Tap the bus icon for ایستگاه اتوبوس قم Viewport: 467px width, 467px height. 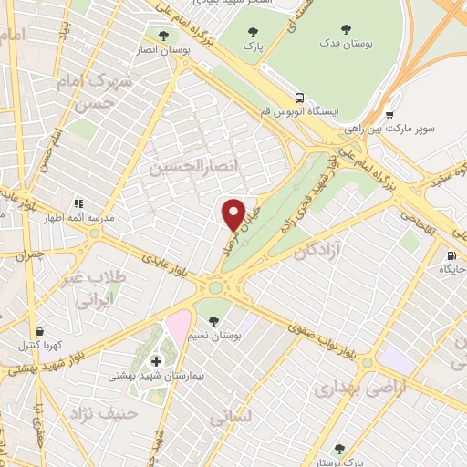tap(299, 97)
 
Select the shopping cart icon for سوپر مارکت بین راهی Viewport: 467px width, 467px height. tap(389, 116)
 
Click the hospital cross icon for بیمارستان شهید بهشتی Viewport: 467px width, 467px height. tap(156, 361)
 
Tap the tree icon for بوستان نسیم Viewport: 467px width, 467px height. tap(213, 321)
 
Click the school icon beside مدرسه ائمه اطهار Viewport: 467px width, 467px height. tap(79, 202)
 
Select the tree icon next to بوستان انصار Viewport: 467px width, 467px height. tap(163, 36)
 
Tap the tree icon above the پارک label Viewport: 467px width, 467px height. tap(253, 34)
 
